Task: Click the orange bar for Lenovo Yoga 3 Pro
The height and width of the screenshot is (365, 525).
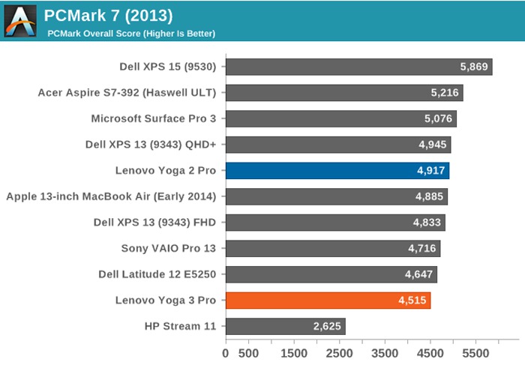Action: click(328, 301)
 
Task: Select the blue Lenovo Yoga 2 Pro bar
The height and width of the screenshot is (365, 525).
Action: click(337, 171)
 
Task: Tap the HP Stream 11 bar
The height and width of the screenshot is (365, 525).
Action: click(285, 326)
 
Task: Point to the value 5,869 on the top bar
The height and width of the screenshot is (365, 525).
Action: click(474, 67)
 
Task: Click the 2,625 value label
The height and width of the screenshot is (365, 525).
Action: click(328, 326)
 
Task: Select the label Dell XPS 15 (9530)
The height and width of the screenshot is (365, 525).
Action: click(167, 67)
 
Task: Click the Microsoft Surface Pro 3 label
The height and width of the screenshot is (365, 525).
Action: click(153, 118)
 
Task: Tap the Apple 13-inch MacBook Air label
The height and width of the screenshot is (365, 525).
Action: click(111, 196)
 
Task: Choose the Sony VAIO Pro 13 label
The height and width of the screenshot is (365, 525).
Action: click(168, 248)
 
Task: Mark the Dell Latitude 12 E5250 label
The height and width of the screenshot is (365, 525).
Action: click(157, 274)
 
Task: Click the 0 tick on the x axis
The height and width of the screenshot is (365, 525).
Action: click(226, 351)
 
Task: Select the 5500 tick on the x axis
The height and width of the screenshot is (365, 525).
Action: click(475, 351)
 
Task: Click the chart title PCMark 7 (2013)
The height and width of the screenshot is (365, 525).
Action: click(108, 15)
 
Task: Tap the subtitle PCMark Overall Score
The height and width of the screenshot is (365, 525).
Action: click(131, 33)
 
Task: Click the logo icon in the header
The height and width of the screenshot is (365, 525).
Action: click(20, 20)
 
